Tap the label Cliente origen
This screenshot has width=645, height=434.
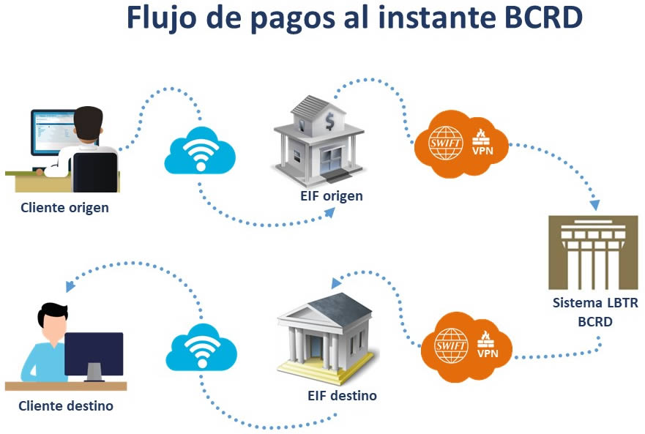point(64,207)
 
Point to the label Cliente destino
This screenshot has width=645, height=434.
point(66,405)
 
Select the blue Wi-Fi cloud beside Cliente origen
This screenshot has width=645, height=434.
point(198,151)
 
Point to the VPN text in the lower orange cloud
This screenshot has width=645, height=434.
point(487,353)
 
